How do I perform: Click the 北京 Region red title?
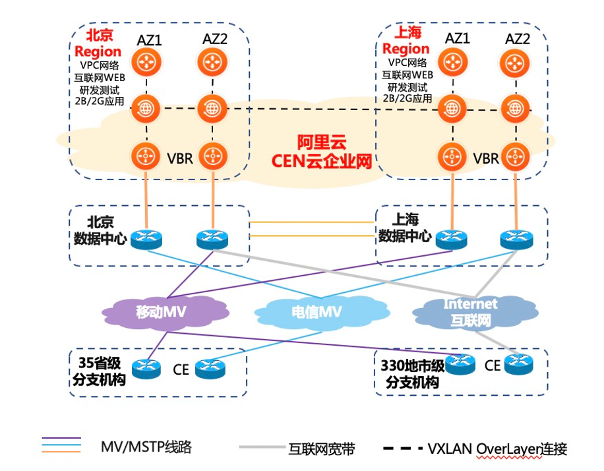pos(98,43)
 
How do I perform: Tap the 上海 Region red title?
pos(406,41)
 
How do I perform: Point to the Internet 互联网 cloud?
pos(470,312)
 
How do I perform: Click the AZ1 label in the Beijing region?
pos(150,40)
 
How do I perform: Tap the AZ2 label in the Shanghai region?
pos(518,39)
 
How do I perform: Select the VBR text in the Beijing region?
pos(179,158)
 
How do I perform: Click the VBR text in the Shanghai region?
pos(486,158)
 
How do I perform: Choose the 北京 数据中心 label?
pos(100,230)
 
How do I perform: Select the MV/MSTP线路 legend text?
pos(146,447)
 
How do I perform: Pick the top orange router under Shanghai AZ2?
pos(518,63)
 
